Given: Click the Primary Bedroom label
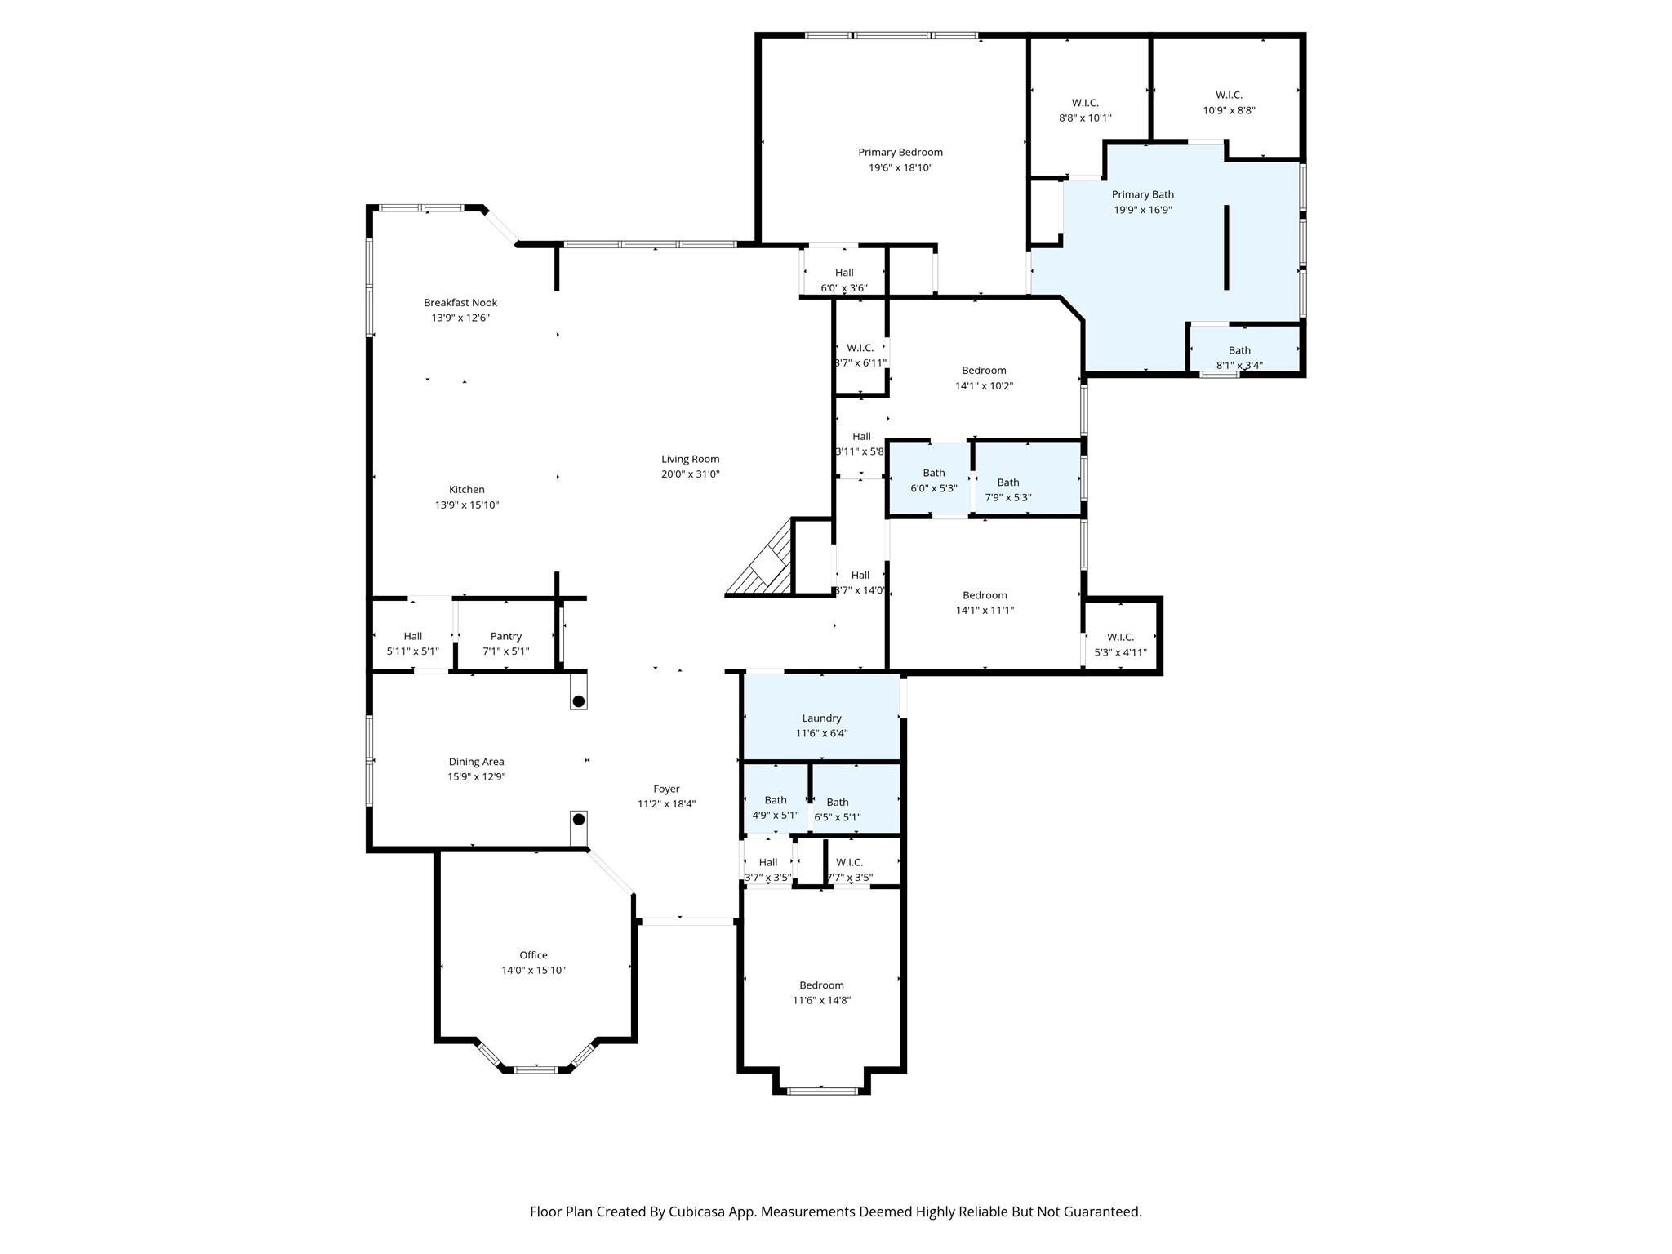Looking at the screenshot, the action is [900, 152].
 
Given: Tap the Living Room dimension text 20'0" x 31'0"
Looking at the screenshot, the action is [691, 474].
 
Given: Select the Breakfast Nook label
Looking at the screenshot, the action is [460, 302].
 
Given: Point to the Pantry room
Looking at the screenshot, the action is [506, 636].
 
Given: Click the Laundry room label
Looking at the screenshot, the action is [821, 718].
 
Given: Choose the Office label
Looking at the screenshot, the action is [534, 955].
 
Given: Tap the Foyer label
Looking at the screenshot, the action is [666, 789].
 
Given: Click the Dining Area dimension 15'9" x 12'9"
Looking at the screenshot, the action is [477, 777].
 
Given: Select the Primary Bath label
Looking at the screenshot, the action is [1143, 194].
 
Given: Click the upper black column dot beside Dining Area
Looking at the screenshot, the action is [578, 701].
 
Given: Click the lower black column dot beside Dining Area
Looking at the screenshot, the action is [578, 819].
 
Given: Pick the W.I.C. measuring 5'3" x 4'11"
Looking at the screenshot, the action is [1121, 637].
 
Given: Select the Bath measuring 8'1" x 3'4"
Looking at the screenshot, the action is [1239, 350].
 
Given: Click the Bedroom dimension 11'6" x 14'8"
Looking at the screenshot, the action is [822, 1000].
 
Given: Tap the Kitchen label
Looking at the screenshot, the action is [467, 490].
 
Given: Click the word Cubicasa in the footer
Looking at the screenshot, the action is [698, 1212].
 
